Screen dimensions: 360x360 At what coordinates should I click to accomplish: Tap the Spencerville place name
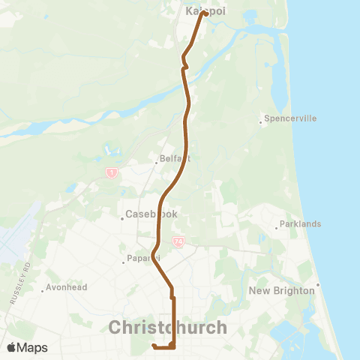click(290, 118)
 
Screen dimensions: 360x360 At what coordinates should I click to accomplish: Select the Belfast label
click(175, 159)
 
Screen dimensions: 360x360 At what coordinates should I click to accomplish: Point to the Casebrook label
click(151, 214)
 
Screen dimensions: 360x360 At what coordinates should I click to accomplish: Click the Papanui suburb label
click(143, 259)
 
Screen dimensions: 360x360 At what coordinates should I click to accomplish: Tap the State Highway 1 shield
click(111, 173)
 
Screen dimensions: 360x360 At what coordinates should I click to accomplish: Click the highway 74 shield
click(178, 242)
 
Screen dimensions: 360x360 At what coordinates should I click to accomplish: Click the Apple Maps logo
click(27, 347)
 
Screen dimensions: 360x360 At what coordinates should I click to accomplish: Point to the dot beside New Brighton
click(318, 284)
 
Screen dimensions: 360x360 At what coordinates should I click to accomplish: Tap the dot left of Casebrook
click(122, 218)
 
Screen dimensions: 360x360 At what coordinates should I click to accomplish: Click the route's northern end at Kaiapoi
click(204, 13)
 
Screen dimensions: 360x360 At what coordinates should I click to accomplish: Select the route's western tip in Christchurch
click(153, 346)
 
